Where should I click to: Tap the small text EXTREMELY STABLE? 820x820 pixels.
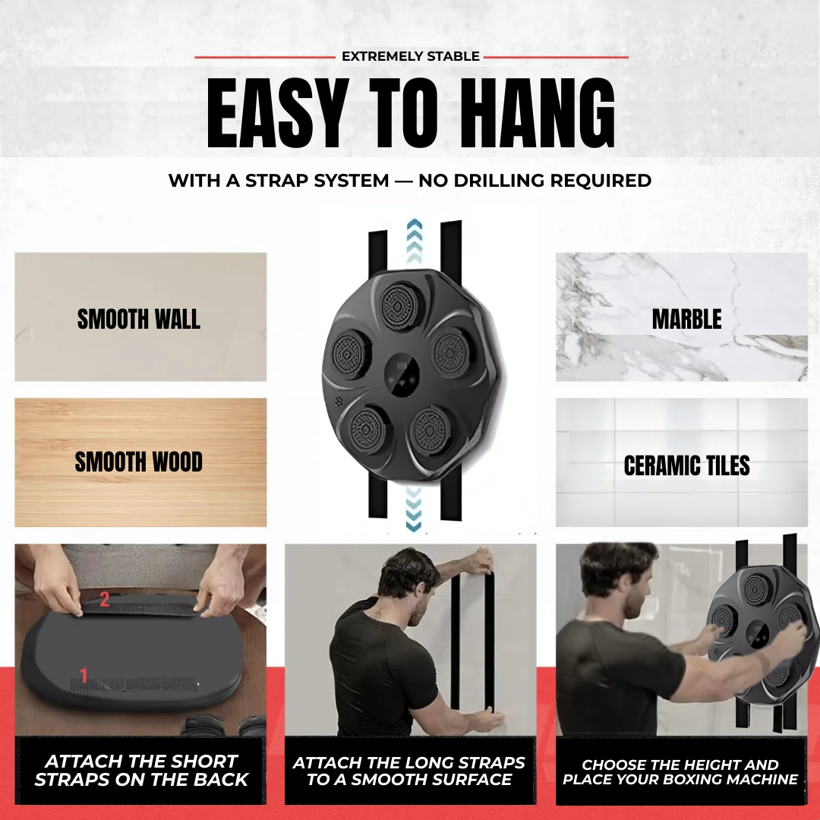[411, 56]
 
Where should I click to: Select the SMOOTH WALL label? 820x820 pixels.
[139, 319]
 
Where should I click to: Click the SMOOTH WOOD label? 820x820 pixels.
[139, 462]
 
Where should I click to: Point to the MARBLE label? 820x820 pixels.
[686, 319]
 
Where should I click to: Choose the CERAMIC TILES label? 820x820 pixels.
[686, 465]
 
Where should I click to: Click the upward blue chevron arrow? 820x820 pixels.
[415, 241]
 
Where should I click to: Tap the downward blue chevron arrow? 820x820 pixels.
[414, 509]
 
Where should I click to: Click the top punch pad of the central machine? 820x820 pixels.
[401, 306]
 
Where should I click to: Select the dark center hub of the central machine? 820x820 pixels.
[402, 374]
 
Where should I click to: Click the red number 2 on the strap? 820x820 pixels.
[105, 599]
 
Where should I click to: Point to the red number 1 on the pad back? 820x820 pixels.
[84, 675]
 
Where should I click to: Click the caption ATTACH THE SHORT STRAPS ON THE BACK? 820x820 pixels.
[141, 771]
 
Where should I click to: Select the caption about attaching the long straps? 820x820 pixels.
[409, 771]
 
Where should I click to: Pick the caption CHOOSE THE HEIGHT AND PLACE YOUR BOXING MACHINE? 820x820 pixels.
[680, 772]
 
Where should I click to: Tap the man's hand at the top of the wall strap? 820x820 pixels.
[480, 560]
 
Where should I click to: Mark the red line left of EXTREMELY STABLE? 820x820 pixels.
[265, 57]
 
